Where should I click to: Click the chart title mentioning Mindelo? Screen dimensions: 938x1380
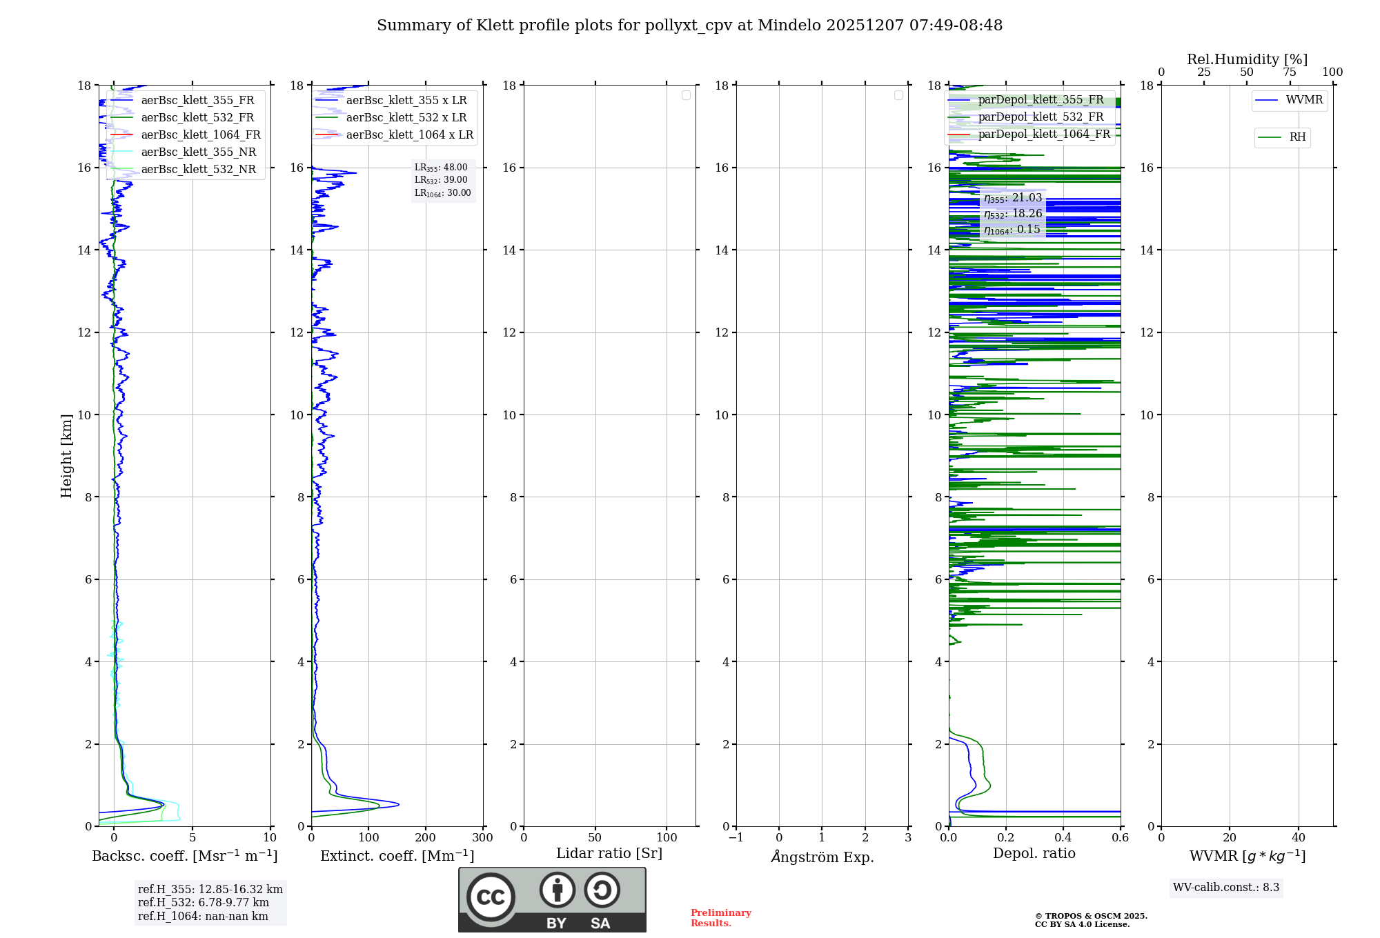point(689,26)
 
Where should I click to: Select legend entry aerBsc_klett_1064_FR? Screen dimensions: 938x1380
point(200,134)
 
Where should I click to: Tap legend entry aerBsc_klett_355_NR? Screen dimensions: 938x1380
point(198,152)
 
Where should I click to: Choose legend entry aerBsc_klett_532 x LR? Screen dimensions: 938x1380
point(406,117)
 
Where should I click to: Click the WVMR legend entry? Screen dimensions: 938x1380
point(1303,100)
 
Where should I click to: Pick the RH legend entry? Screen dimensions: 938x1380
point(1297,137)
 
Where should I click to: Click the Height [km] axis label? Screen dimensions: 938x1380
point(66,456)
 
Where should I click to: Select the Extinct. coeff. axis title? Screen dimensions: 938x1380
point(397,856)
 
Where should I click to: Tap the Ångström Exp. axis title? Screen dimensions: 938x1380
point(822,857)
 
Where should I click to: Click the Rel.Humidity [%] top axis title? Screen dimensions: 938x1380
point(1247,59)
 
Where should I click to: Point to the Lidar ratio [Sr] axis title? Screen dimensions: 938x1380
point(609,853)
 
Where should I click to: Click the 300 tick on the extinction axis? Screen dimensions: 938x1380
point(482,837)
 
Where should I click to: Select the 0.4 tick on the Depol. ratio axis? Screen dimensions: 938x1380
point(1063,837)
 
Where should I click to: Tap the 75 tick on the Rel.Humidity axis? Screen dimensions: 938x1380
point(1289,72)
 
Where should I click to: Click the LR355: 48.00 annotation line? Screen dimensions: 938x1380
point(441,168)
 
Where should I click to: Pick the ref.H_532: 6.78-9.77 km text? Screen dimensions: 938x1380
point(203,902)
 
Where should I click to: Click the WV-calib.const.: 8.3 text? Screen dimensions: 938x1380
point(1225,887)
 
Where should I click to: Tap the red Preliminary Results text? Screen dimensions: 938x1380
point(720,917)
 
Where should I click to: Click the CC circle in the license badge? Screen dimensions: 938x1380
point(491,897)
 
